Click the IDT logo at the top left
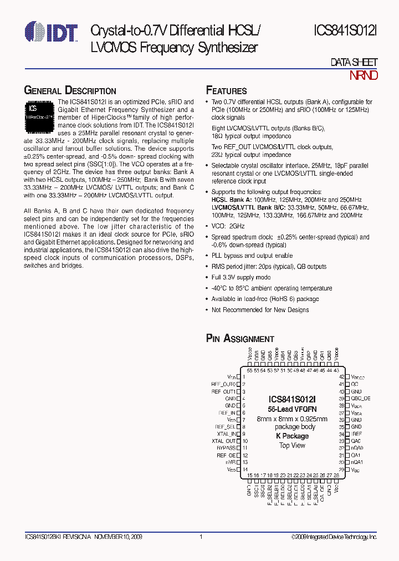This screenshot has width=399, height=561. (x=52, y=33)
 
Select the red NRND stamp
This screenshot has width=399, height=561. (x=363, y=75)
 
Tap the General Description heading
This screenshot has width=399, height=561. (x=70, y=91)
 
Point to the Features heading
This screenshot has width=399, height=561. (x=226, y=91)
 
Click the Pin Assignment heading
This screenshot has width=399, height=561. (x=240, y=339)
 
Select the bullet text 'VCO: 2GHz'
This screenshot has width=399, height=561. (x=228, y=226)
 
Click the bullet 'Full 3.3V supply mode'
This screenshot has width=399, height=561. (x=241, y=277)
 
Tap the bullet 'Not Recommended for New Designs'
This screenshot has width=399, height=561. (x=260, y=309)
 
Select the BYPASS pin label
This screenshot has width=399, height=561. (x=226, y=448)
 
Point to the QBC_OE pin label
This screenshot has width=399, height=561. (x=361, y=398)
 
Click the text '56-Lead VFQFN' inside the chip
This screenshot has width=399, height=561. (x=292, y=409)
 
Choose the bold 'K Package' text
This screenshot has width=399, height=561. (x=292, y=436)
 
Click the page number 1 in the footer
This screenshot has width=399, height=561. (x=201, y=537)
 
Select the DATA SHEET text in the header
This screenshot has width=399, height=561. (x=354, y=63)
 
